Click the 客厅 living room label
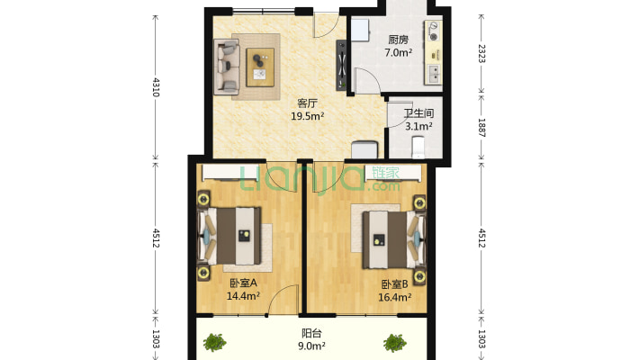[307, 103]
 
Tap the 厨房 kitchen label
[398, 40]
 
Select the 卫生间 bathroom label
[418, 113]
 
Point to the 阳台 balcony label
[311, 334]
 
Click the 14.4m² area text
[243, 296]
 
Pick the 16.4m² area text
[394, 297]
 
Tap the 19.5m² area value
[307, 117]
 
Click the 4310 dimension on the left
[156, 86]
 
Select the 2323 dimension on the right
[481, 53]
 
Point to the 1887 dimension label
[481, 128]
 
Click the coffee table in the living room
[260, 67]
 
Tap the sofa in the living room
[226, 67]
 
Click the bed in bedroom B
[394, 239]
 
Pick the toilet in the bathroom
[418, 148]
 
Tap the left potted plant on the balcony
[215, 343]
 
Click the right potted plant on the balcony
[394, 343]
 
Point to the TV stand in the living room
[341, 65]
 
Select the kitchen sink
[434, 74]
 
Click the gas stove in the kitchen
[433, 31]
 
